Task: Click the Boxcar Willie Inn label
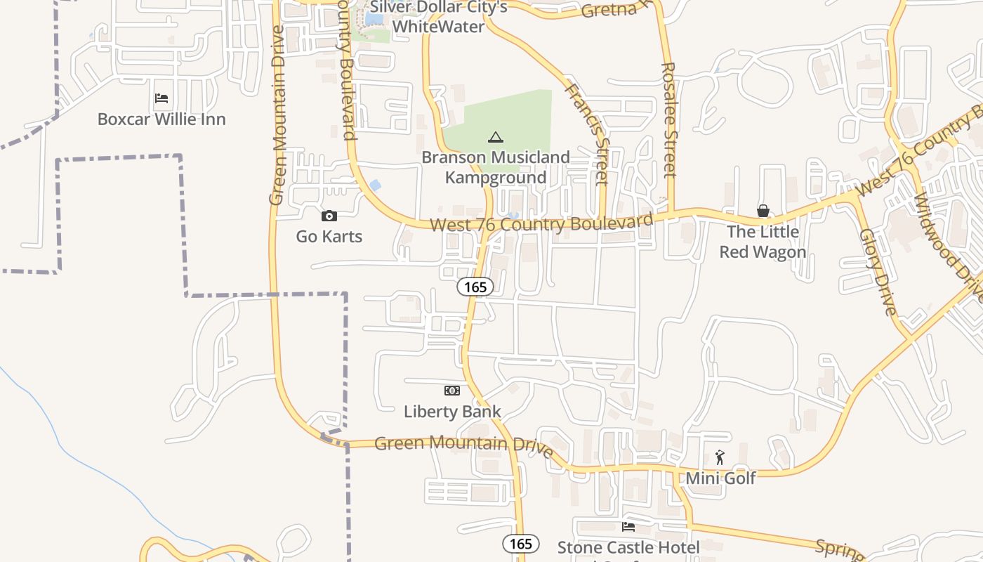pos(161,119)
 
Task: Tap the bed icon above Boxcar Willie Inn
pos(161,98)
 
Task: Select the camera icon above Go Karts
pos(329,216)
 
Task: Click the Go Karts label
pos(329,237)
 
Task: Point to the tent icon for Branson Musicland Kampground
pos(496,137)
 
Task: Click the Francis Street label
pos(586,133)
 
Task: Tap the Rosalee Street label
pos(668,119)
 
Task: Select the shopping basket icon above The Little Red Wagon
pos(763,211)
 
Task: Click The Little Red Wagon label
pos(763,242)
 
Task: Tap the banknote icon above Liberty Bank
pos(452,390)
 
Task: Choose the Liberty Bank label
pos(452,412)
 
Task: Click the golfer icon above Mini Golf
pos(720,457)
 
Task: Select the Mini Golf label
pos(720,478)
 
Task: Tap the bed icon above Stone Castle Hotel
pos(628,526)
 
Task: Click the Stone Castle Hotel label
pos(628,547)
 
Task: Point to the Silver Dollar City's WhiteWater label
pos(439,17)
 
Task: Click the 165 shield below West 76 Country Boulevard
pos(475,287)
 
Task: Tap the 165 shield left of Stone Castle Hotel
pos(521,544)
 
